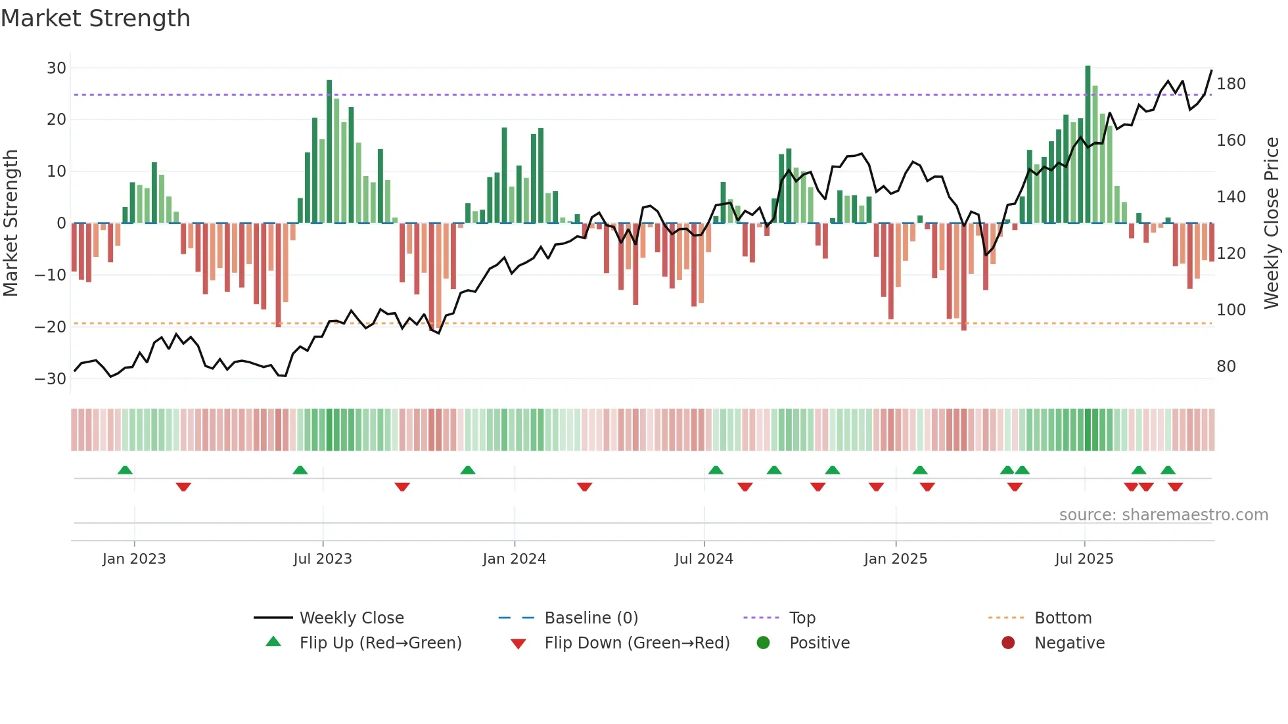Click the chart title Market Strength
pos(96,18)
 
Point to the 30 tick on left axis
pos(57,68)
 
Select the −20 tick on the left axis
pos(51,327)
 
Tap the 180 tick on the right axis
pos(1231,84)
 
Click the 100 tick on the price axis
pos(1231,310)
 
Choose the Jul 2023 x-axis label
pos(323,559)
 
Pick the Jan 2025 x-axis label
pos(895,559)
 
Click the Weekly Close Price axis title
pos(1272,223)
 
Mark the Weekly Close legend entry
pos(352,618)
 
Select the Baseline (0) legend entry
pos(591,618)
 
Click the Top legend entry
pos(802,618)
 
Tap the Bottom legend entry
pos(1063,618)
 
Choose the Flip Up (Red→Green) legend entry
pos(380,643)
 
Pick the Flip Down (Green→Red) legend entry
pos(637,643)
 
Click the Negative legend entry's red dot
pos(1008,643)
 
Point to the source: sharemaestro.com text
pos(1163,515)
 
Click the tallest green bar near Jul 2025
pos(1088,145)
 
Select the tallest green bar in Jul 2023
pos(329,151)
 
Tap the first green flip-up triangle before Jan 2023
pos(125,470)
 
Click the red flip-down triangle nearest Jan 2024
pos(584,487)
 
